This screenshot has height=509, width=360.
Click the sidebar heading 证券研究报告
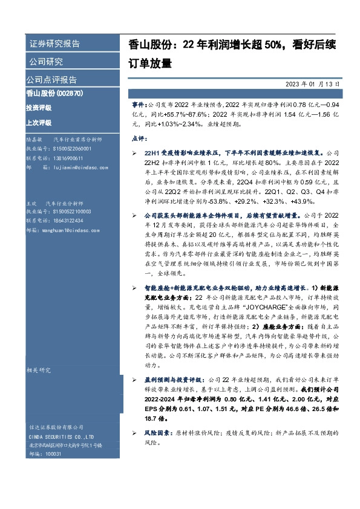[x=54, y=44]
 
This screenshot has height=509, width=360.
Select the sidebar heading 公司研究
[x=45, y=62]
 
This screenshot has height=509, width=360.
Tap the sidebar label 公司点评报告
[x=51, y=80]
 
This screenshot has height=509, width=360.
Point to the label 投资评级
[x=38, y=108]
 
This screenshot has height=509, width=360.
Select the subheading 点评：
[x=140, y=138]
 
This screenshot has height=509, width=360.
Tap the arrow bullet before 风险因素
[x=137, y=434]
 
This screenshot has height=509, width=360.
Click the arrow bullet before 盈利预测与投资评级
[x=137, y=380]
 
